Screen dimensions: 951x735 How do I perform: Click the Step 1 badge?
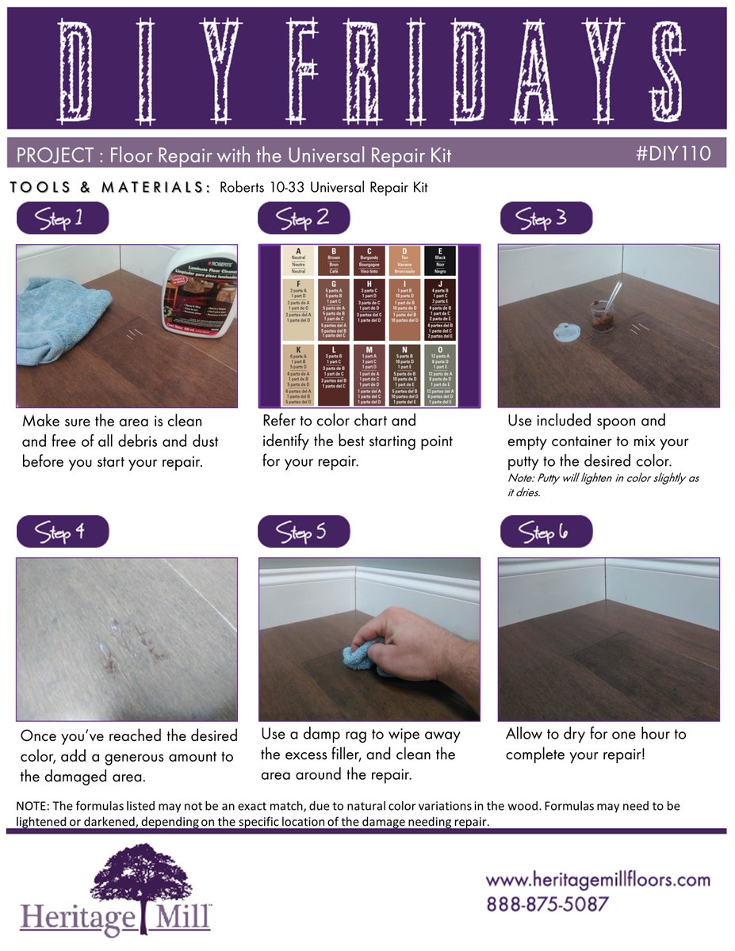62,220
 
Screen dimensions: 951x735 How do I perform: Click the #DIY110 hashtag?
672,153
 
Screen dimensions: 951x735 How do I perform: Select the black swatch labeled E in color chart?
439,260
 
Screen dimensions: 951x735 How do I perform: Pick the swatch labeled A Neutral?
299,260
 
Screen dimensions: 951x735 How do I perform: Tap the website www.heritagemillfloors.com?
597,880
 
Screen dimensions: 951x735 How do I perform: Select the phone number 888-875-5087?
547,904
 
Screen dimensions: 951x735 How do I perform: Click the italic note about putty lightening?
603,484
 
